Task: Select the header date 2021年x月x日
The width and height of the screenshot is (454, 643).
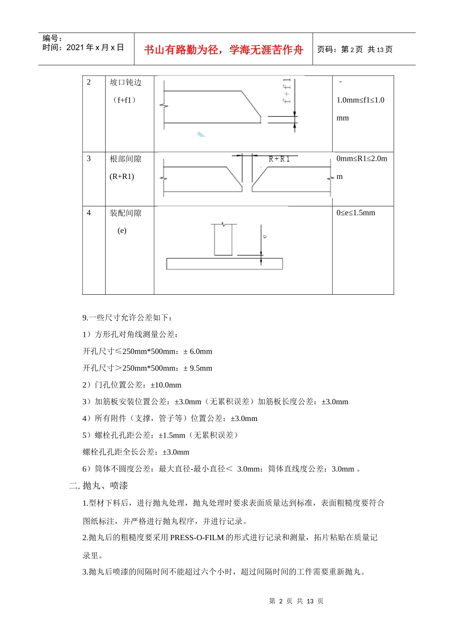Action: pyautogui.click(x=95, y=47)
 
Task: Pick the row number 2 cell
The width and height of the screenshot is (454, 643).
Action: pyautogui.click(x=89, y=82)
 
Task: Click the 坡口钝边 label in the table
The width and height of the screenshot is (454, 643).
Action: pyautogui.click(x=126, y=82)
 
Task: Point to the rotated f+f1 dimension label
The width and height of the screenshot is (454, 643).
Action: pyautogui.click(x=286, y=91)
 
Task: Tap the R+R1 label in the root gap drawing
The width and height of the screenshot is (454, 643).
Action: pyautogui.click(x=279, y=159)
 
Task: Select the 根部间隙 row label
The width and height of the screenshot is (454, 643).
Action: pyautogui.click(x=126, y=159)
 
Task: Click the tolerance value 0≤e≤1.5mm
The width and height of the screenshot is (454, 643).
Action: pyautogui.click(x=356, y=213)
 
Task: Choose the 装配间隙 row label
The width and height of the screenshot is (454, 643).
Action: pyautogui.click(x=126, y=213)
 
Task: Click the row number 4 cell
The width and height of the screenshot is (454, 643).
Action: pyautogui.click(x=89, y=213)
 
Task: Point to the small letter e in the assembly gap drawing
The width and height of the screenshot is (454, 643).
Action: pyautogui.click(x=265, y=236)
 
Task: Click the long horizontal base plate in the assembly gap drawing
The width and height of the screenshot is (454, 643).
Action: pyautogui.click(x=224, y=264)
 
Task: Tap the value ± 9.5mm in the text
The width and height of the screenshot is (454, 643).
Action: pyautogui.click(x=198, y=368)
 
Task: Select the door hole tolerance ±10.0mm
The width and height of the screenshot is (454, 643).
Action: pyautogui.click(x=166, y=385)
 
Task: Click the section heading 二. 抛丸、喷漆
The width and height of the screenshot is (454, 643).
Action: pyautogui.click(x=98, y=486)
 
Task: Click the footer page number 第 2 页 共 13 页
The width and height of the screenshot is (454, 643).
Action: pyautogui.click(x=296, y=601)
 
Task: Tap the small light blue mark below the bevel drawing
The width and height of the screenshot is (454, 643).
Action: pyautogui.click(x=201, y=134)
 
